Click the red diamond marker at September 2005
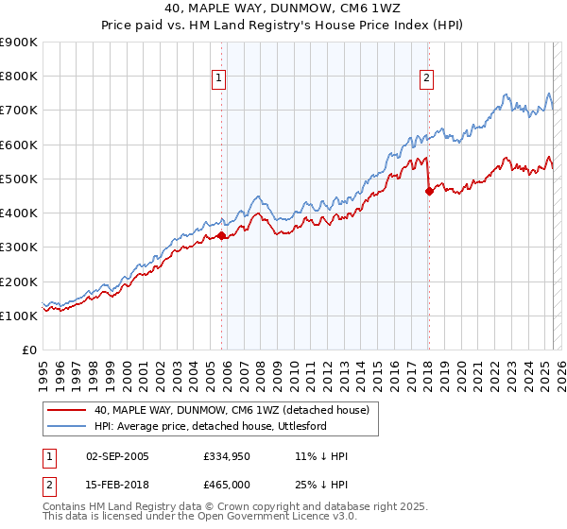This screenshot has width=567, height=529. [x=222, y=236]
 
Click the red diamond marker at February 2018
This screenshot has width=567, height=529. [x=429, y=191]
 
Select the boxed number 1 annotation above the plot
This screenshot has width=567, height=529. [x=218, y=78]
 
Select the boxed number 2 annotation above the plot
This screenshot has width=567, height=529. [x=427, y=78]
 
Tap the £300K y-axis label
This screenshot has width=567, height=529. [x=19, y=247]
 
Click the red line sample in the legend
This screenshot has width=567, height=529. [x=65, y=410]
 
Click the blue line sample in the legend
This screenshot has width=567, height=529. [x=65, y=426]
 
